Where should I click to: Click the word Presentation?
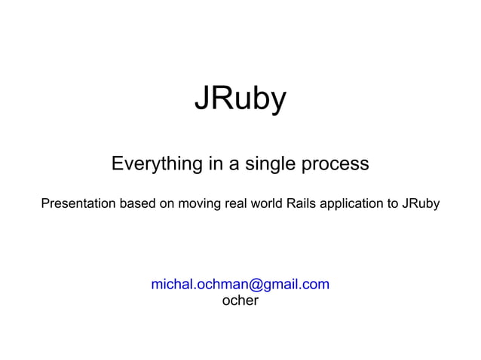coord(78,204)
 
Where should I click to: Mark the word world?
coord(267,204)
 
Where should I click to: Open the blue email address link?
coord(240,285)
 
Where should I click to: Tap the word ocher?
coord(240,301)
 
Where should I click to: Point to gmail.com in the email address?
coord(295,285)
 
